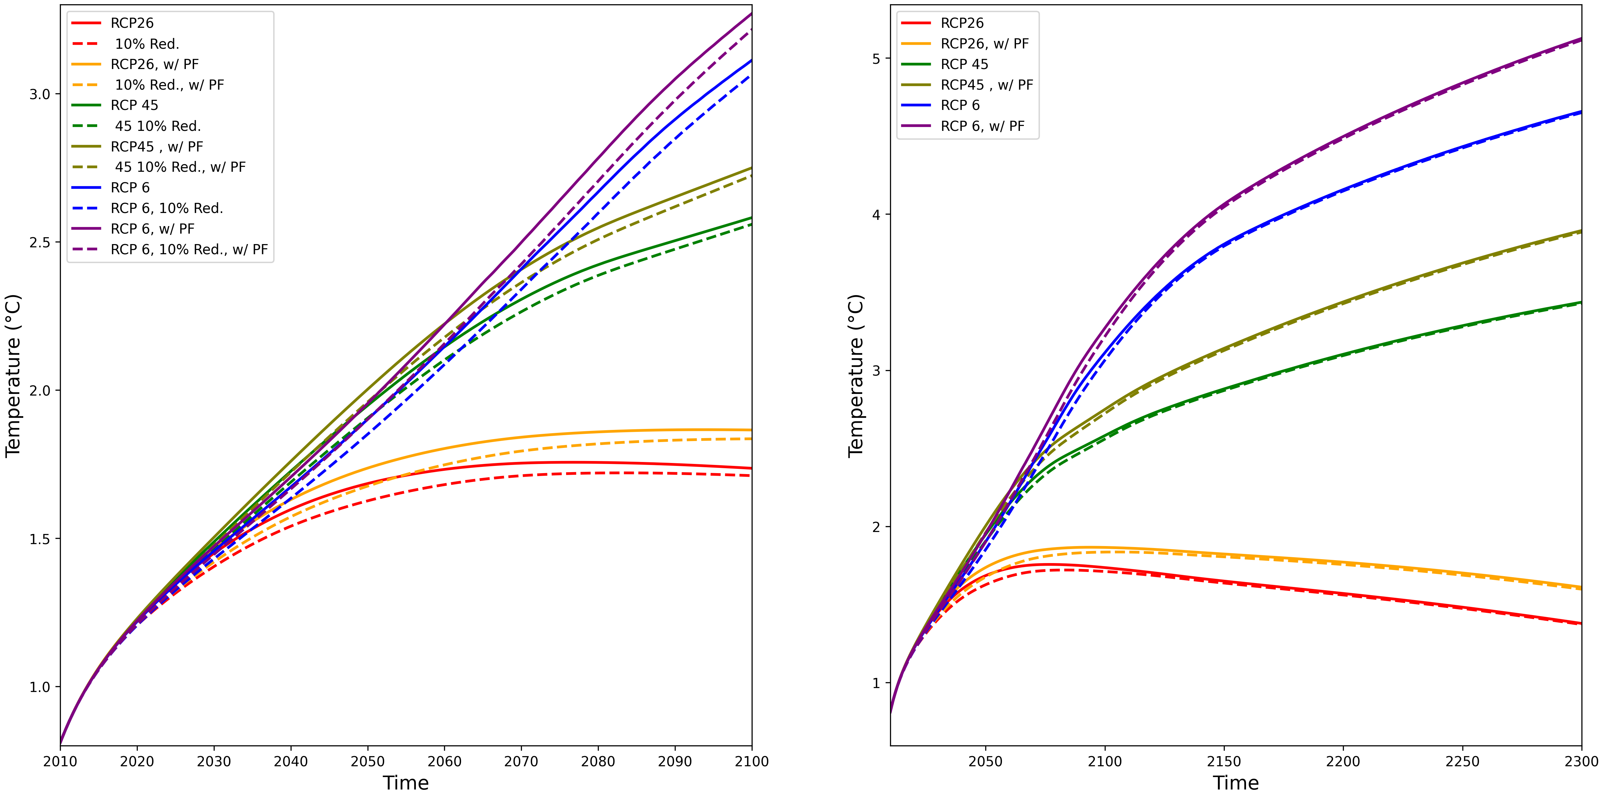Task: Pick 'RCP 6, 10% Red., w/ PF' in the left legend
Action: pos(189,250)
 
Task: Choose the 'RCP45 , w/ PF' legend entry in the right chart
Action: pos(986,85)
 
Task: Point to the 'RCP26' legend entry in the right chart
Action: pos(962,23)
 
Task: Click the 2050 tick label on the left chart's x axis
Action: pos(367,761)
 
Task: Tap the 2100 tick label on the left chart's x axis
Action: pos(752,761)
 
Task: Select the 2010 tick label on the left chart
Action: pos(61,761)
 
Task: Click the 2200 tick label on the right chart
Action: pos(1343,761)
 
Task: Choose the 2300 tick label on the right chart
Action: pos(1581,761)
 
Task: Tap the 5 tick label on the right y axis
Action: pos(876,59)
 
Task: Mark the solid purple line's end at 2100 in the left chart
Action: pos(751,14)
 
